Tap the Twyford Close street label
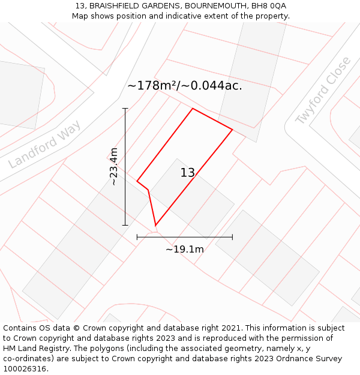[323, 91]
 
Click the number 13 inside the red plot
[188, 173]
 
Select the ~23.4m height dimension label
[113, 167]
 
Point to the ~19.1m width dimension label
[185, 249]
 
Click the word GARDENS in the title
[161, 6]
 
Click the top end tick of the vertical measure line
[125, 109]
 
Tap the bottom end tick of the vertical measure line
[125, 225]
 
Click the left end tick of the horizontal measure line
[137, 237]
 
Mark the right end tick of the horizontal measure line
[232, 237]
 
